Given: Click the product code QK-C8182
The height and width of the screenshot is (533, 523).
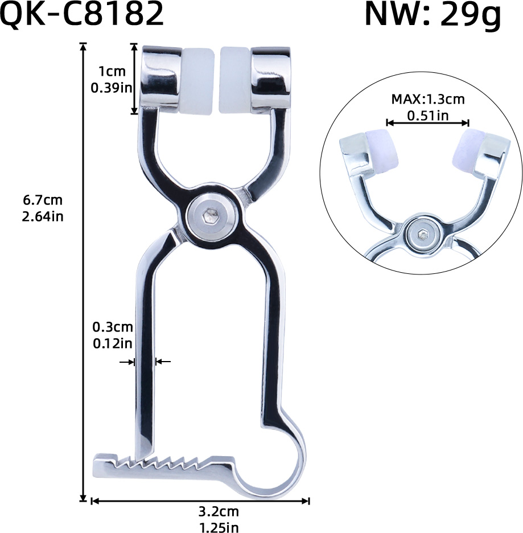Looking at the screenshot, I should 82,15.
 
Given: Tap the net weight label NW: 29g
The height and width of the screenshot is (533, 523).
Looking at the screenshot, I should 433,15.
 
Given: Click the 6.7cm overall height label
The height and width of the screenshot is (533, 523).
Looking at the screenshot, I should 43,200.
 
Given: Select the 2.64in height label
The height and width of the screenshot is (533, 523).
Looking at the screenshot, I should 43,216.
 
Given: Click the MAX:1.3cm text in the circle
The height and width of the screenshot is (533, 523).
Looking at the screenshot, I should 428,99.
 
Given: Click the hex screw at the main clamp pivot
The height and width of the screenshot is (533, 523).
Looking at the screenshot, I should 209,215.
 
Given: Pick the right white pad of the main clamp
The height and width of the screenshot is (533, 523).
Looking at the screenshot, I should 234,80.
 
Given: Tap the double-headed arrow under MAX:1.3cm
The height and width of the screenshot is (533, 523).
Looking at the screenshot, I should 427,122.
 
